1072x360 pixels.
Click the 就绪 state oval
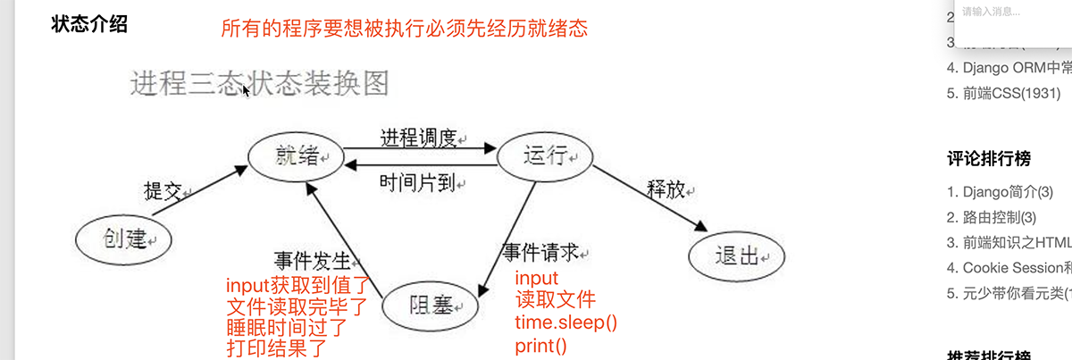coord(295,158)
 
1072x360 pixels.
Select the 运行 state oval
coord(545,158)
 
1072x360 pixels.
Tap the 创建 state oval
coord(122,239)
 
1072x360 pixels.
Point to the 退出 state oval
coord(737,257)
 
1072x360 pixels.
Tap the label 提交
coord(163,190)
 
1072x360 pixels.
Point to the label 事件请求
coord(540,253)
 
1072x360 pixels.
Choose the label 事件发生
coord(313,261)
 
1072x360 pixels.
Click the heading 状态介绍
coord(90,24)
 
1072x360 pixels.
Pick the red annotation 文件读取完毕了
coord(297,307)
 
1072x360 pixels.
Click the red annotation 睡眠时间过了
coord(287,328)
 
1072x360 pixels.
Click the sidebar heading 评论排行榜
coord(988,159)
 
